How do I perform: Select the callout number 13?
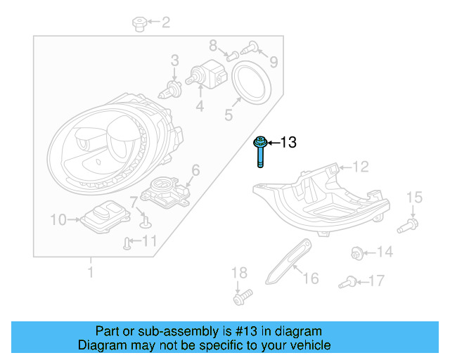pyautogui.click(x=289, y=143)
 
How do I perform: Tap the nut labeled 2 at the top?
pyautogui.click(x=138, y=25)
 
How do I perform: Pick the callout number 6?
pyautogui.click(x=195, y=169)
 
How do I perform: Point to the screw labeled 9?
pyautogui.click(x=249, y=48)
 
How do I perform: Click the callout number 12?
pyautogui.click(x=360, y=167)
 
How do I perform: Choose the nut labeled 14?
pyautogui.click(x=356, y=252)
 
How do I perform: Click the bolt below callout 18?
pyautogui.click(x=241, y=298)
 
